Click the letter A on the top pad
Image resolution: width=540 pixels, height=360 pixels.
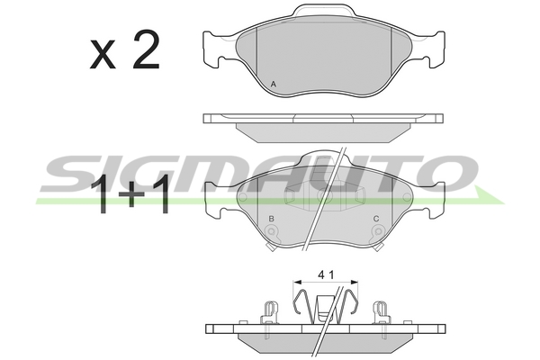click(x=273, y=84)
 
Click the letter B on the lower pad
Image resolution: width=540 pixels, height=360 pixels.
click(x=272, y=219)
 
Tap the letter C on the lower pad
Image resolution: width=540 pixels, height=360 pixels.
click(x=376, y=219)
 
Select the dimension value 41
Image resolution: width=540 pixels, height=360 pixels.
click(x=326, y=274)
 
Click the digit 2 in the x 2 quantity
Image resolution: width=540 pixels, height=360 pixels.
click(x=147, y=49)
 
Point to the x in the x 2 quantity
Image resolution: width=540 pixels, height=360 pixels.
click(x=103, y=54)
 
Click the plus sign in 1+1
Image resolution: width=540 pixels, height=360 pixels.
click(x=131, y=194)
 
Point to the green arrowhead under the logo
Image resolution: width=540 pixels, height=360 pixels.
click(x=489, y=195)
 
